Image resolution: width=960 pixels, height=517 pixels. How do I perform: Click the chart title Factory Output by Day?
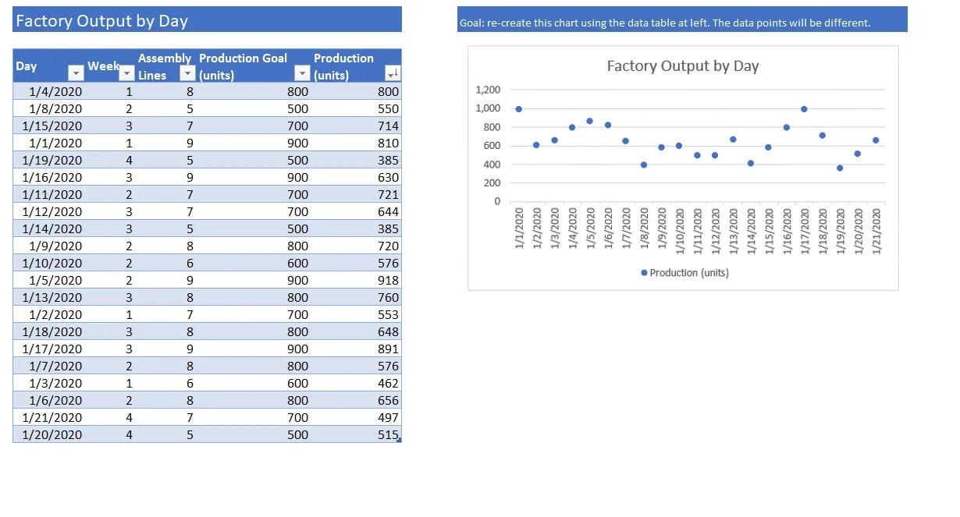(682, 66)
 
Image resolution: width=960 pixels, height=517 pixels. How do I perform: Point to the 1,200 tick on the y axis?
(488, 90)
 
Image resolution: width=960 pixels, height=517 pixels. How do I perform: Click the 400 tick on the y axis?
(491, 165)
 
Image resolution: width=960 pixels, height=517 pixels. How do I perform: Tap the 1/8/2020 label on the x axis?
(644, 228)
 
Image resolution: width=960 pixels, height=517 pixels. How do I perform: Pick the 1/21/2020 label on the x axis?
(876, 228)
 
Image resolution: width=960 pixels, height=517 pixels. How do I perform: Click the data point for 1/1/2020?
(518, 109)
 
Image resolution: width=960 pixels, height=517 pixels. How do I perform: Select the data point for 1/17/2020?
(804, 109)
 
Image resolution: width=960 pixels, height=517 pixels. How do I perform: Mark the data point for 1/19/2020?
(840, 168)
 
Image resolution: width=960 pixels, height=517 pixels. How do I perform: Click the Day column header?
(27, 66)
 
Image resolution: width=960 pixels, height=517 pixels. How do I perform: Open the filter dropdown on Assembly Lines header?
(187, 74)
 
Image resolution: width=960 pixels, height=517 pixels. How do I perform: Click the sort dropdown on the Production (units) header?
(392, 74)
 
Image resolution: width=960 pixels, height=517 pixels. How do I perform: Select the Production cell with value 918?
(388, 281)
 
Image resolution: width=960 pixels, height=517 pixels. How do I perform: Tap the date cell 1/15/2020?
(52, 126)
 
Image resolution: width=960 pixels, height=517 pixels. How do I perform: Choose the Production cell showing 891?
(388, 349)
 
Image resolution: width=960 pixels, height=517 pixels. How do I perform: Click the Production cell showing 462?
(388, 384)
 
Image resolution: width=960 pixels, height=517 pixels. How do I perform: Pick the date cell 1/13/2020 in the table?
(52, 298)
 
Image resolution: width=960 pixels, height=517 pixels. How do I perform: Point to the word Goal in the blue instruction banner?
(471, 23)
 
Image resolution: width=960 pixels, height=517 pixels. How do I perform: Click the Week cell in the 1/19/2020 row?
(129, 161)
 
